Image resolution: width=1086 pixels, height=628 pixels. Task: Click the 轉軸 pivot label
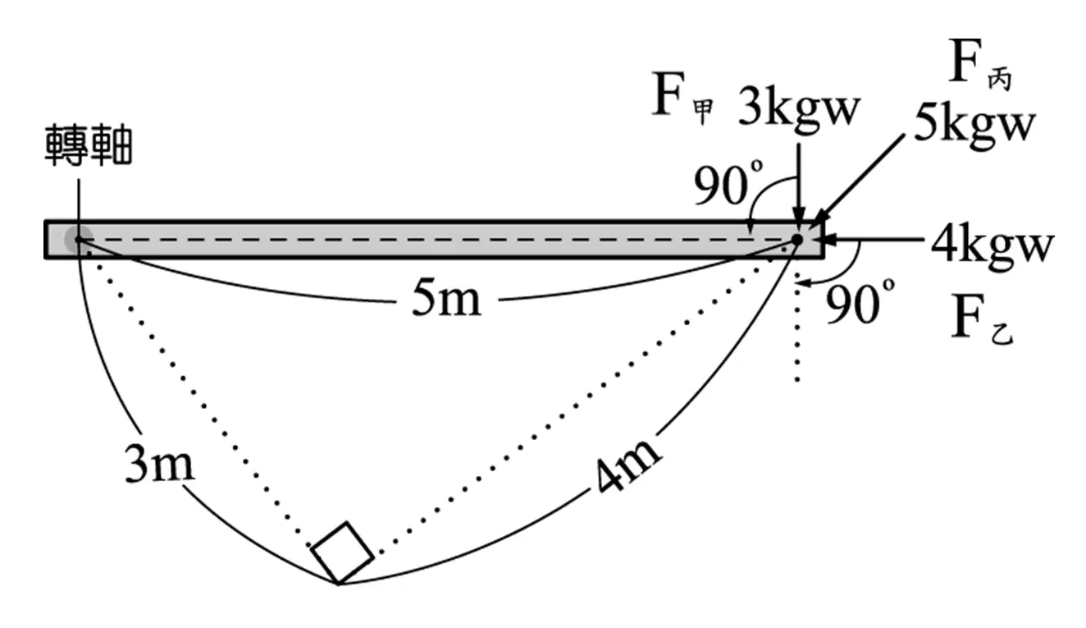89,144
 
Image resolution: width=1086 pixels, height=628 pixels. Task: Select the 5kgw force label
974,127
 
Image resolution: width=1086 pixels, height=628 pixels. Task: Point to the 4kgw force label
992,246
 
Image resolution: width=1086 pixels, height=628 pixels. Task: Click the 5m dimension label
446,299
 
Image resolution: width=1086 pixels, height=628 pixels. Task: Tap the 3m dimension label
160,464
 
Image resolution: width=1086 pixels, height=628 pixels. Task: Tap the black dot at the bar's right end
797,239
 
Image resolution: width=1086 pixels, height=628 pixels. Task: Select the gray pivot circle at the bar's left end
78,239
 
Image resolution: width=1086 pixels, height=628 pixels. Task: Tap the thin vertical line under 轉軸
79,207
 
